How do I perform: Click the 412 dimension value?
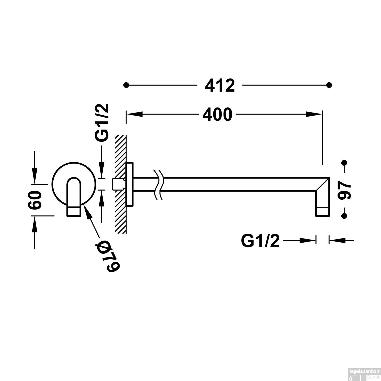(x=220, y=86)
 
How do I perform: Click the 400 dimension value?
(x=217, y=115)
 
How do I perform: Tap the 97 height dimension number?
(x=345, y=189)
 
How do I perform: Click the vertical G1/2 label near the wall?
(x=102, y=122)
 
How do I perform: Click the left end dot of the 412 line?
(x=126, y=85)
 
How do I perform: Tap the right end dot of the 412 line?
(x=329, y=85)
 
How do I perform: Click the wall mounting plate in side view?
(x=130, y=184)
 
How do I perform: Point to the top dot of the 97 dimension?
(x=344, y=163)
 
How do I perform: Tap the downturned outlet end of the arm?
(x=322, y=206)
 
